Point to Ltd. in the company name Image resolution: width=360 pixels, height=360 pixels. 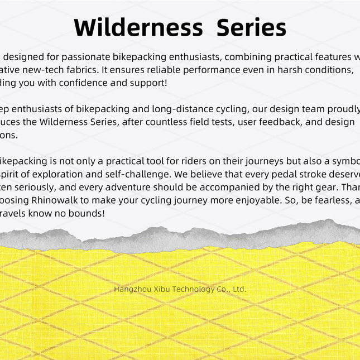click(239, 289)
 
